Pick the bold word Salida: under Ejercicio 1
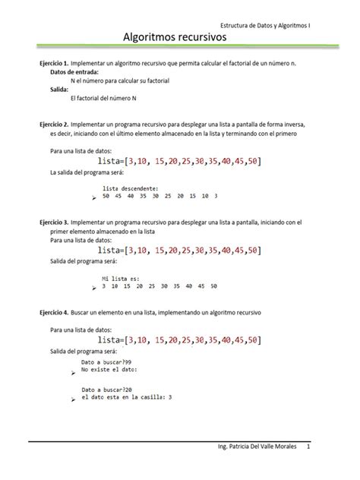click(x=59, y=89)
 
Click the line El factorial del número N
click(x=107, y=98)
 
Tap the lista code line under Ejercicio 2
click(x=179, y=161)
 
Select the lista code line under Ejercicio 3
click(x=179, y=251)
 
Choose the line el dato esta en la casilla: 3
click(x=126, y=396)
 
